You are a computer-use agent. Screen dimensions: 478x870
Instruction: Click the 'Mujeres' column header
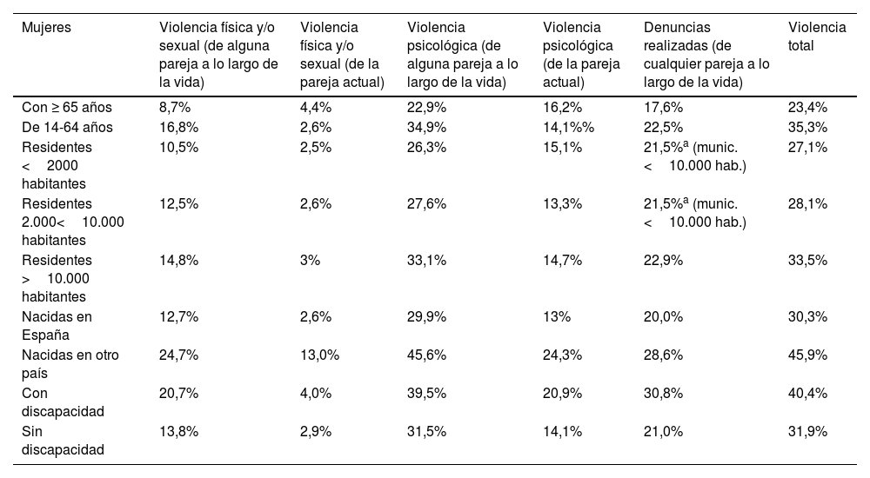(x=46, y=28)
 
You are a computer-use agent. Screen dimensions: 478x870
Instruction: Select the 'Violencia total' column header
(x=816, y=37)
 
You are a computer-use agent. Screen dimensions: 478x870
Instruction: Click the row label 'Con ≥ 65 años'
(x=67, y=108)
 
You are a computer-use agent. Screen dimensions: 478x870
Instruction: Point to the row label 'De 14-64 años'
(x=67, y=127)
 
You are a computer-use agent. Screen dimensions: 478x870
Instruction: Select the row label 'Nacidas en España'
(x=57, y=326)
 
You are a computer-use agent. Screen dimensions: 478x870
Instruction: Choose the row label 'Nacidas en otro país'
(x=70, y=363)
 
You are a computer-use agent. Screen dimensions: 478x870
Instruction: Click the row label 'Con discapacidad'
(x=62, y=402)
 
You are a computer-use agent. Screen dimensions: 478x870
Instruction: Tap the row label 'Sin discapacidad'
(x=62, y=439)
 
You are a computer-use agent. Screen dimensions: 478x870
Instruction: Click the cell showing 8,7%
(x=177, y=108)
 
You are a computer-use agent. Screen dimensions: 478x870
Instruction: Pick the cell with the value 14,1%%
(x=568, y=127)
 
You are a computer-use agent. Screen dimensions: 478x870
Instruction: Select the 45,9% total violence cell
(x=806, y=355)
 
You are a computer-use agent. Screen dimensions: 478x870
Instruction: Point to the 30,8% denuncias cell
(x=663, y=393)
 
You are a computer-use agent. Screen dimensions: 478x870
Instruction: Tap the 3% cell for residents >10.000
(x=310, y=260)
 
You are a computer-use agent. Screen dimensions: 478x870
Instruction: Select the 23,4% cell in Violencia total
(x=806, y=108)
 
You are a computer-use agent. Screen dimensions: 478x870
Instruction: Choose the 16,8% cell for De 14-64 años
(x=180, y=127)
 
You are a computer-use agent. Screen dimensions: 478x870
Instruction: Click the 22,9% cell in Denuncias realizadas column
(x=663, y=260)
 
